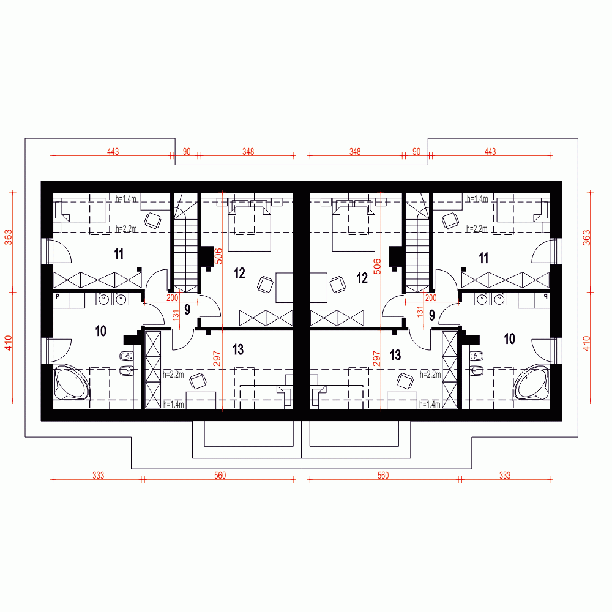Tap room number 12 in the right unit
point(362,278)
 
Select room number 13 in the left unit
point(239,349)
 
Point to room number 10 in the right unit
point(509,338)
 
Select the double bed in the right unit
point(351,228)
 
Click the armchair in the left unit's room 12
point(265,284)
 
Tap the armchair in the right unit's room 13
point(404,381)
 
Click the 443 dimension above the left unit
point(112,151)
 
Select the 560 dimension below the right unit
point(383,475)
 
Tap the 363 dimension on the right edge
point(586,237)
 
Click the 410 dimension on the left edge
point(9,343)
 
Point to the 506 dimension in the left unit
point(218,255)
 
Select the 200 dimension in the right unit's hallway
point(430,297)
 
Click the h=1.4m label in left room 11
point(126,199)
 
